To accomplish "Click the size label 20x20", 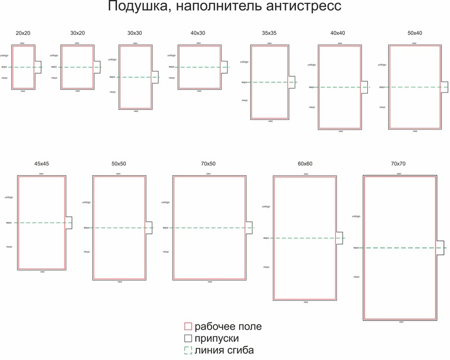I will tap(23, 34).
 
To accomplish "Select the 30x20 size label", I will tap(78, 34).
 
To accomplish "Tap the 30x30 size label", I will tap(136, 34).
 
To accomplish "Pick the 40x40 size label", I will tap(338, 34).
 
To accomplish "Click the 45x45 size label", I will tap(42, 164).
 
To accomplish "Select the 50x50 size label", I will tap(119, 164).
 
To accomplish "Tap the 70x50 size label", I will tap(208, 164).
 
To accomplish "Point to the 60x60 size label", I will tap(305, 164).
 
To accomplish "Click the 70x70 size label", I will tap(398, 164).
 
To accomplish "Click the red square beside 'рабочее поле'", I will tap(189, 327).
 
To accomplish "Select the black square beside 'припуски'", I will tap(189, 339).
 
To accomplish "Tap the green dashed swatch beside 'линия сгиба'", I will tap(189, 350).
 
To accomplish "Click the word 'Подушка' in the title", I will tap(138, 8).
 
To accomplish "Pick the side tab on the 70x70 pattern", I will tap(443, 248).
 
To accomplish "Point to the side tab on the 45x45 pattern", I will tap(70, 223).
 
